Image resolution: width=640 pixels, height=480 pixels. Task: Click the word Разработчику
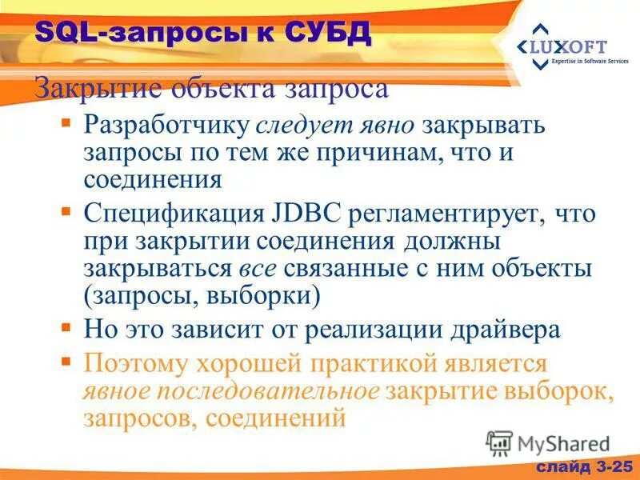pyautogui.click(x=166, y=126)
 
